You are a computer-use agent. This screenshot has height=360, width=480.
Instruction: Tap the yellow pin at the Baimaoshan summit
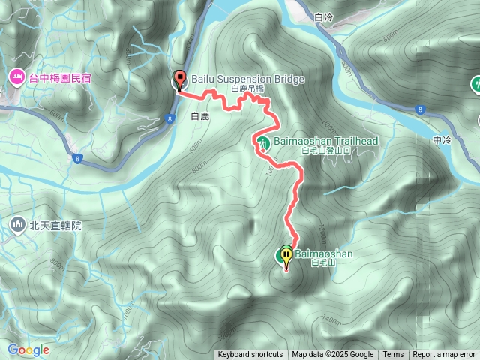tap(286, 256)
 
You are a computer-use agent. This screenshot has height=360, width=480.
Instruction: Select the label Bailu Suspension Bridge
tap(238, 78)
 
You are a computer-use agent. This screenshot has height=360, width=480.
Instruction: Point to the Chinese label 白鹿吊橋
tap(247, 88)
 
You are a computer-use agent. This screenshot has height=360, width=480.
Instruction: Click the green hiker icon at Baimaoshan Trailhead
tap(263, 142)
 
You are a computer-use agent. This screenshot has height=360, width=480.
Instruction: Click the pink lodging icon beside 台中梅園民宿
tap(16, 76)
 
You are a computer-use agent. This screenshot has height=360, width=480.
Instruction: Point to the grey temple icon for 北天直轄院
tap(17, 223)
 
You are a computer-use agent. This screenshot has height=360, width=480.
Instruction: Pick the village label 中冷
tap(442, 139)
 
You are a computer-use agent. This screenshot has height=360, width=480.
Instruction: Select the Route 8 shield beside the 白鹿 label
tap(171, 118)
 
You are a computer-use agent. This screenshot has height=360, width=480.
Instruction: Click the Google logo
tap(28, 350)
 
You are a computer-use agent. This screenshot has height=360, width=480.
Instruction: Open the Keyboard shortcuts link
tap(250, 355)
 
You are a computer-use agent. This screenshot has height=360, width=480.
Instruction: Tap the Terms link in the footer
tap(393, 355)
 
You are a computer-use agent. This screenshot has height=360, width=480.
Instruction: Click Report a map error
tap(445, 355)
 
